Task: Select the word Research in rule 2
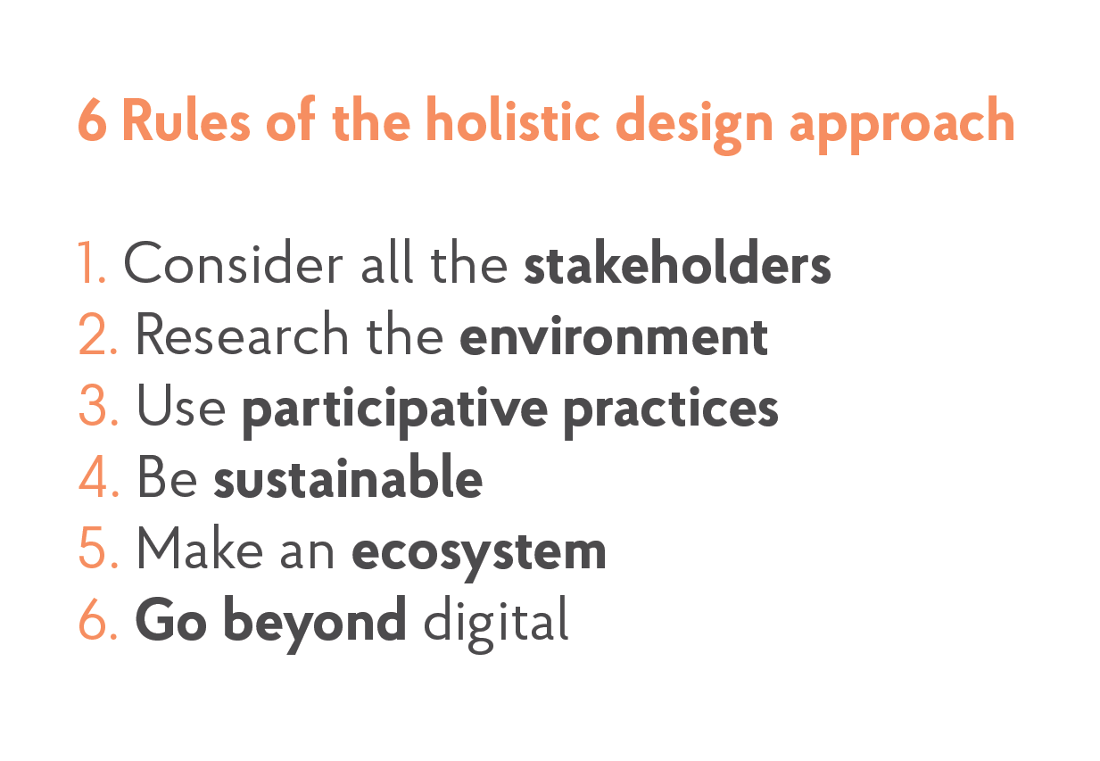(242, 336)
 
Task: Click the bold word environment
(614, 337)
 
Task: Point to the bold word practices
(671, 410)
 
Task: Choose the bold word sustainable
(348, 479)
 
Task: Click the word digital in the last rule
(496, 623)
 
